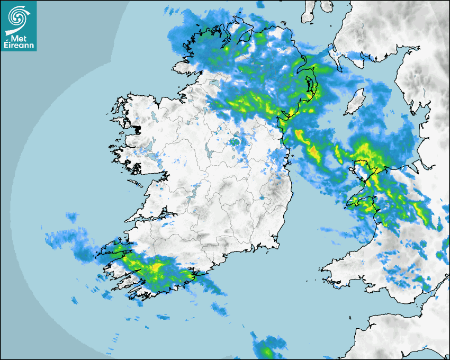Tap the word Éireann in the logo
[x=19, y=46]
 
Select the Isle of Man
[x=355, y=102]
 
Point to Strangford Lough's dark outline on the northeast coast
[x=309, y=85]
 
